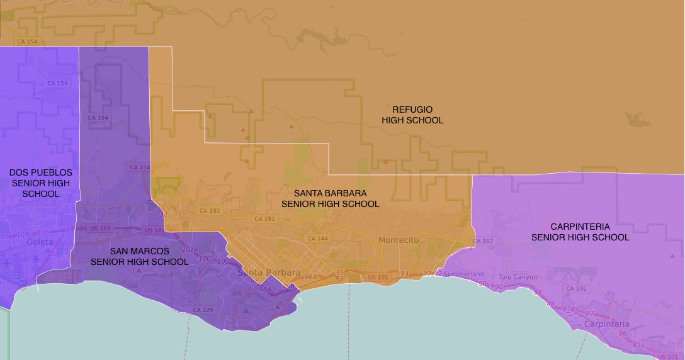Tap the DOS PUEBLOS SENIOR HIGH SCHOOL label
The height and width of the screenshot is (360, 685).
(x=41, y=183)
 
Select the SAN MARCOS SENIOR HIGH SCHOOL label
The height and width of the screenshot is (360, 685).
(x=139, y=256)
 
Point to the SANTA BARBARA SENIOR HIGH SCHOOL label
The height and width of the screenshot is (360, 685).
(x=330, y=198)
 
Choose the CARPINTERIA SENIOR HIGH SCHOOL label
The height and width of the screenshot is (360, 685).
(x=580, y=232)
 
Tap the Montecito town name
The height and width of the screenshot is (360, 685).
(x=399, y=240)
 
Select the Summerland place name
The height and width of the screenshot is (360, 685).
(x=463, y=274)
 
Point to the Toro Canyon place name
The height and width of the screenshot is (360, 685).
(x=518, y=277)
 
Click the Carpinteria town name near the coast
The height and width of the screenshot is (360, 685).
(x=606, y=323)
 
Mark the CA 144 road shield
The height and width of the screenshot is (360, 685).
(x=317, y=239)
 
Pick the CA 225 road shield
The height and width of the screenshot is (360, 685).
(x=203, y=310)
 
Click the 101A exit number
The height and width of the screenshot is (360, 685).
(x=190, y=249)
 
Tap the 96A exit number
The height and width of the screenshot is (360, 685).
(x=310, y=276)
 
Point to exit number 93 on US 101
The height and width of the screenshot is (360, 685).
(x=404, y=273)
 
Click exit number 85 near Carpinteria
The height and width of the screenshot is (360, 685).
(x=637, y=344)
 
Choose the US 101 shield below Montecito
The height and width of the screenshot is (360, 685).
(x=377, y=277)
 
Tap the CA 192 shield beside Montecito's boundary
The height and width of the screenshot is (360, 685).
(x=483, y=241)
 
